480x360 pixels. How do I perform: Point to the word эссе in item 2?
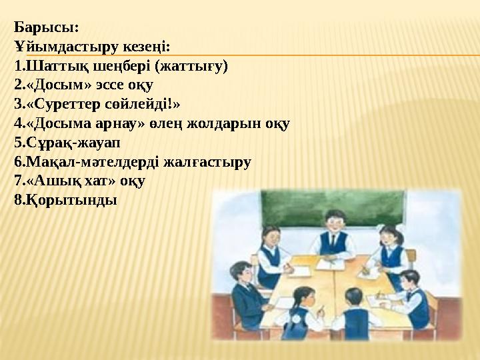click(x=110, y=85)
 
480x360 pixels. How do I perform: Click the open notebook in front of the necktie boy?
click(x=330, y=264)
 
